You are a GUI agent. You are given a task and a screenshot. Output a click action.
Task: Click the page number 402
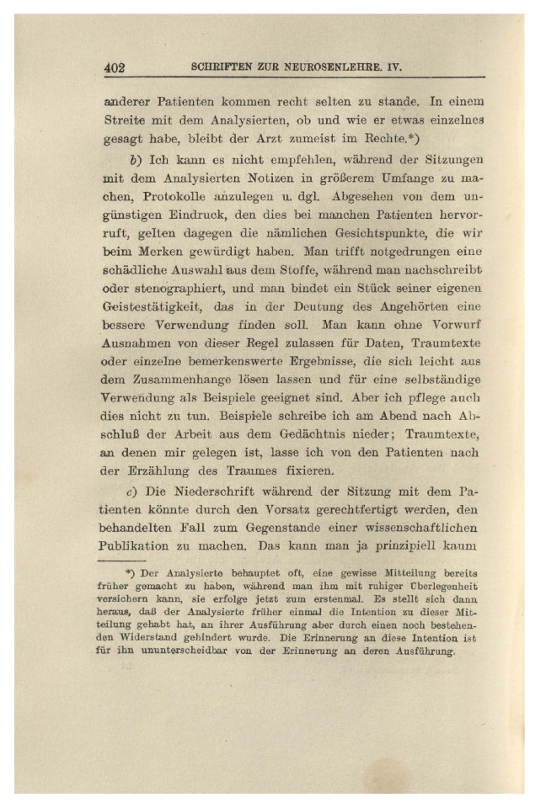115,68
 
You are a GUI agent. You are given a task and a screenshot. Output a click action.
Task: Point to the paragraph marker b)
132,159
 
